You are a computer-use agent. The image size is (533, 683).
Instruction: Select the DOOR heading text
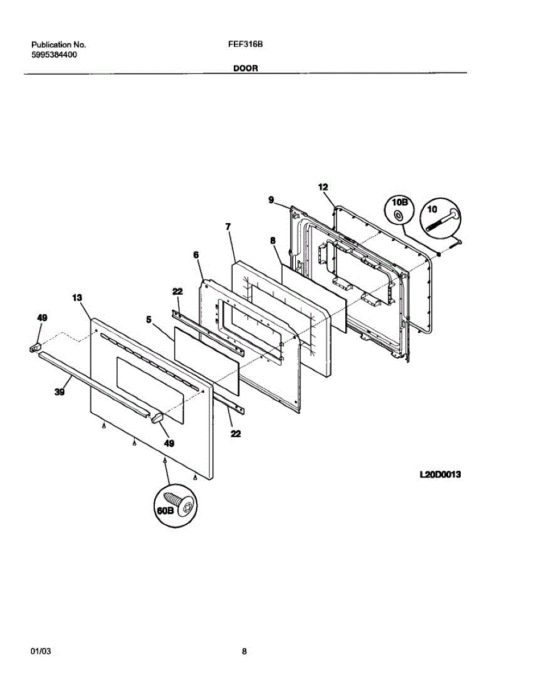(x=245, y=68)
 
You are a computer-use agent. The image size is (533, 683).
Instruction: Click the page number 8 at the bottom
(x=244, y=652)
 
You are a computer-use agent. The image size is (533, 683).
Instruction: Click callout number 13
(x=77, y=297)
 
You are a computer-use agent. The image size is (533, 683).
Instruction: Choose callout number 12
(x=323, y=187)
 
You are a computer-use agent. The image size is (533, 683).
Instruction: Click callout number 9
(x=271, y=199)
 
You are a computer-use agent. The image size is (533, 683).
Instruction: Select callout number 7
(x=228, y=227)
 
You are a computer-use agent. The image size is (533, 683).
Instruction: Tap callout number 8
(x=273, y=241)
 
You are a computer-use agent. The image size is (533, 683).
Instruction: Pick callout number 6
(x=196, y=256)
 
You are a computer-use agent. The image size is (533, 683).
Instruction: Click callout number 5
(x=149, y=320)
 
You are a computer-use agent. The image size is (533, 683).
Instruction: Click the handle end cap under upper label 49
(x=35, y=346)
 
